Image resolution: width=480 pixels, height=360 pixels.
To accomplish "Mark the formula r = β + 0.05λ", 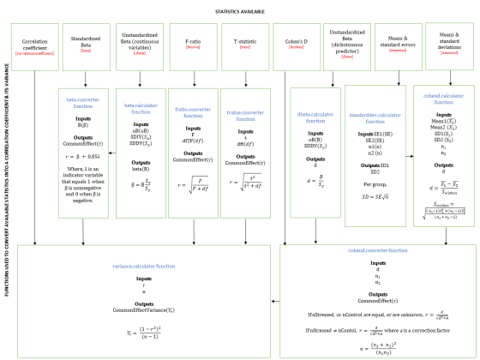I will click(x=85, y=154).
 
